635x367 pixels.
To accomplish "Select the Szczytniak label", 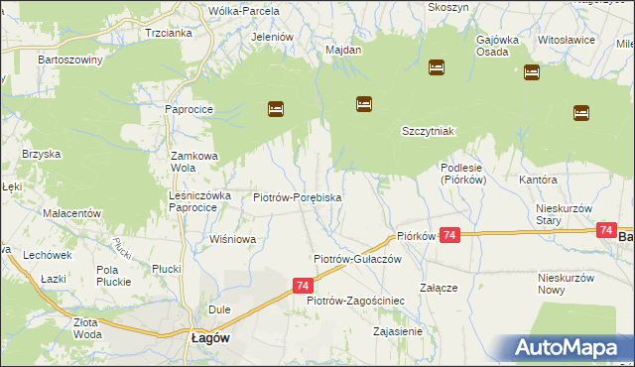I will (428, 131).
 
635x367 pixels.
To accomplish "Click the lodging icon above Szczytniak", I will (437, 67).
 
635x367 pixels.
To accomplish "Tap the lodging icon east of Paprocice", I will (276, 109).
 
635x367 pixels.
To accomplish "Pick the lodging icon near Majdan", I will (364, 103).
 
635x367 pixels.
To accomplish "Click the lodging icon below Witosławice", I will (531, 72).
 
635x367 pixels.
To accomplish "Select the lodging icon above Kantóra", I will (580, 113).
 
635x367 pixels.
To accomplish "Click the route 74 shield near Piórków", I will (450, 235).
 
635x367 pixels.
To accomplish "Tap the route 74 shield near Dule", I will (302, 285).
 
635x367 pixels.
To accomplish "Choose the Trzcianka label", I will (168, 32).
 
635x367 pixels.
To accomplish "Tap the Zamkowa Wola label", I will (193, 162).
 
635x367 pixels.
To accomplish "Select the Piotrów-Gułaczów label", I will (356, 258).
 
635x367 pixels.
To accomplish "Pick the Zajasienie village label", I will (396, 331).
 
